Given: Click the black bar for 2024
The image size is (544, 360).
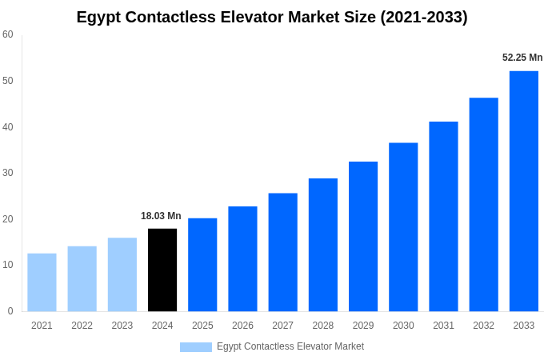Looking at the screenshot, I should [x=162, y=270].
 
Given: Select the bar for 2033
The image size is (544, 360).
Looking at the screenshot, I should [x=523, y=191].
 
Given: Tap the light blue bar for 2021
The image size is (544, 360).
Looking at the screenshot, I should [x=42, y=282].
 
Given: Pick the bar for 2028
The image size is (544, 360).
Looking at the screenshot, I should [x=322, y=245].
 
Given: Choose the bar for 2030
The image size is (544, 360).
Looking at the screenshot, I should [x=403, y=227].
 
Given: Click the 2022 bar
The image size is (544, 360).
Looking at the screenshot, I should [x=82, y=278].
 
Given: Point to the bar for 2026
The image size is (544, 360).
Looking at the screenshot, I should [x=242, y=259].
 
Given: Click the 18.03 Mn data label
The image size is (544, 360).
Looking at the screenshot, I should [x=161, y=216].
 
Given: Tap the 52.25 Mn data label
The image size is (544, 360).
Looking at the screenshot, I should [x=522, y=58].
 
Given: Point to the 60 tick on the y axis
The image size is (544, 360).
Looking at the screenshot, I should [x=8, y=34].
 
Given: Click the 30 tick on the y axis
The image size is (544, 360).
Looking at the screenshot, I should [x=8, y=173].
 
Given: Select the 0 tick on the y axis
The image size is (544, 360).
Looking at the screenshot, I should [x=10, y=311].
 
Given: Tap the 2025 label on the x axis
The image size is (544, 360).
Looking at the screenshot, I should [x=202, y=326].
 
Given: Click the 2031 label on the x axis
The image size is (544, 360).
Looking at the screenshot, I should [x=443, y=326].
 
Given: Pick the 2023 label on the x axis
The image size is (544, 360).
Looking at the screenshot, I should [x=122, y=326].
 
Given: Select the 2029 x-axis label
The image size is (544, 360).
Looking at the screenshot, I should [x=363, y=326].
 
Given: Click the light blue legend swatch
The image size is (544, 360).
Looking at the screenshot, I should [x=196, y=347].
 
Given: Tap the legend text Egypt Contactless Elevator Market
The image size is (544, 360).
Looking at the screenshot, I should [x=290, y=346].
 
